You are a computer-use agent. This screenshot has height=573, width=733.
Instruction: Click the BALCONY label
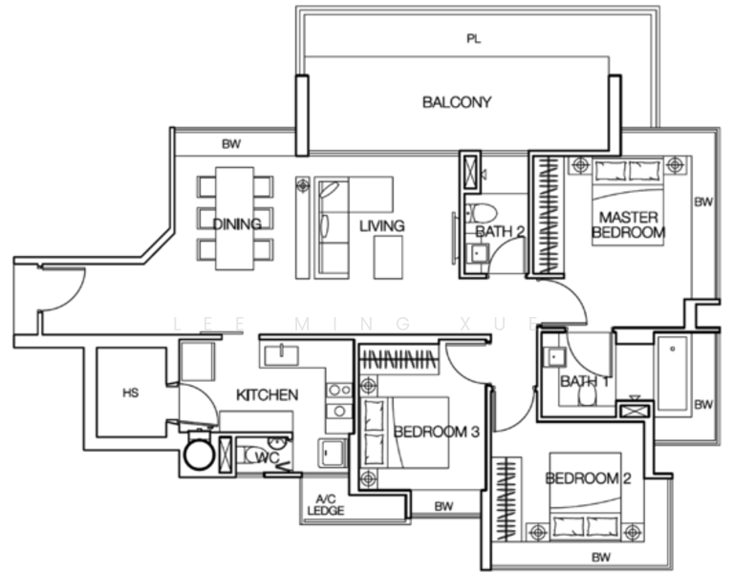pyautogui.click(x=457, y=102)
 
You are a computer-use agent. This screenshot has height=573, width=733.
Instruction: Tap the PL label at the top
pyautogui.click(x=473, y=39)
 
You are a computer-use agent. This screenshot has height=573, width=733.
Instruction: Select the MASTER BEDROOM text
pyautogui.click(x=627, y=224)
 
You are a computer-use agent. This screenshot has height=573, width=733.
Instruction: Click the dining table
pyautogui.click(x=235, y=219)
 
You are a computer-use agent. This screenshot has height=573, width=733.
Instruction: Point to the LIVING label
pyautogui.click(x=381, y=226)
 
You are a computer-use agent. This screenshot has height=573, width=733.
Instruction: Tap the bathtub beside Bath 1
pyautogui.click(x=673, y=373)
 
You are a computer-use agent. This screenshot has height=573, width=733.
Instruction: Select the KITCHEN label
pyautogui.click(x=268, y=394)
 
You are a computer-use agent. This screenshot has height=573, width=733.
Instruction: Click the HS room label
pyautogui.click(x=131, y=393)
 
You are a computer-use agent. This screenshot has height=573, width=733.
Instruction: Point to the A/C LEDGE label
pyautogui.click(x=325, y=505)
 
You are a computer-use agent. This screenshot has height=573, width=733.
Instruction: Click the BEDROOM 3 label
pyautogui.click(x=436, y=432)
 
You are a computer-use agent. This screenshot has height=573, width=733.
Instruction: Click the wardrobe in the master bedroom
pyautogui.click(x=548, y=216)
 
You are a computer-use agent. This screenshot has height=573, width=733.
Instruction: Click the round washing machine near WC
pyautogui.click(x=199, y=454)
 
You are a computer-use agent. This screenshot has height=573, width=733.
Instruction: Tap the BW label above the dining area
pyautogui.click(x=230, y=145)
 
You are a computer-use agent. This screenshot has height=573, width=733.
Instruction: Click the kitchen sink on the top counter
pyautogui.click(x=280, y=355)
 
